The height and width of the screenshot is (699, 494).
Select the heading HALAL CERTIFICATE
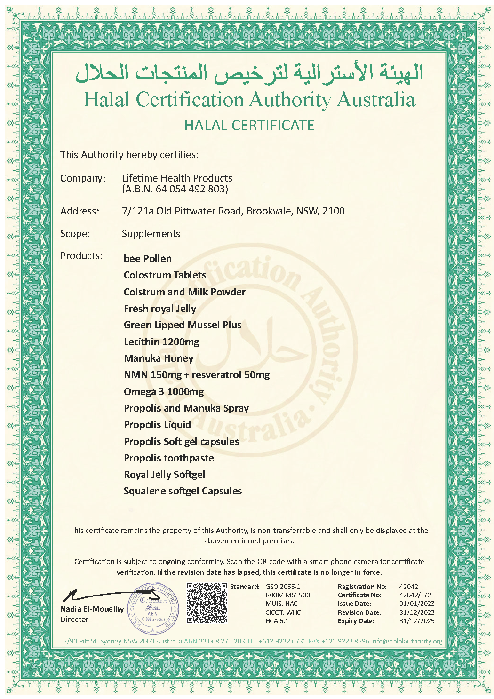click(249, 126)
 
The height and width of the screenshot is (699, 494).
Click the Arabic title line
click(249, 73)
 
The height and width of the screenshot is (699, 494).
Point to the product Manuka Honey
click(159, 358)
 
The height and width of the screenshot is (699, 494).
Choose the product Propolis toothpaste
click(168, 458)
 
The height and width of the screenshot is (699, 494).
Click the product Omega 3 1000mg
click(164, 392)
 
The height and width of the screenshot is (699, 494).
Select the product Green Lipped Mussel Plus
click(183, 325)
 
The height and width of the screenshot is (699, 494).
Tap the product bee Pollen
click(148, 259)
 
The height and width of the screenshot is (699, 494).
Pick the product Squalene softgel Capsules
click(183, 491)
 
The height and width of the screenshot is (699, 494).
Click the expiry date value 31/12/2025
click(417, 621)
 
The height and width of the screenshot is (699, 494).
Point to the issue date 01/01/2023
click(417, 604)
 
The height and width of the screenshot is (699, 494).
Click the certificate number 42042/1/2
click(415, 595)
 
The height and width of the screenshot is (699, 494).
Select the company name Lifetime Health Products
click(177, 178)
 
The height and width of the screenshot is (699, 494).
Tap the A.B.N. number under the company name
click(175, 189)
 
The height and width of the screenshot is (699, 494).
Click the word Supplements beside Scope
click(151, 234)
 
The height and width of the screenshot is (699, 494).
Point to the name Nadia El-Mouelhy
click(92, 609)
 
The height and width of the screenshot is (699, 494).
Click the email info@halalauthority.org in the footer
click(406, 641)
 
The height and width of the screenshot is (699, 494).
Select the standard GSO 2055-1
click(283, 587)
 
